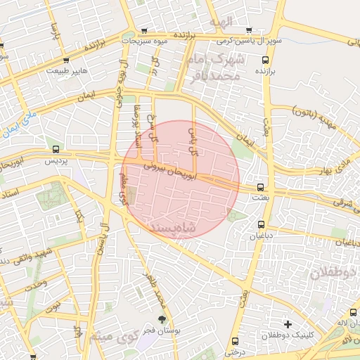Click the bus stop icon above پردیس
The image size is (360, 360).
point(56,149)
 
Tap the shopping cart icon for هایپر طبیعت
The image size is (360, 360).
point(66,60)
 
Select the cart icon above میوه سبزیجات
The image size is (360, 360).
point(144,31)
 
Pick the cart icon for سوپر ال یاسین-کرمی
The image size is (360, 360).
point(249,30)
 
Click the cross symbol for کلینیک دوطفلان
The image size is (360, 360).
point(288,324)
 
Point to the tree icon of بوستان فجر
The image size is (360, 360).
point(162,319)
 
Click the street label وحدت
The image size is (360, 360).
point(35,285)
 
